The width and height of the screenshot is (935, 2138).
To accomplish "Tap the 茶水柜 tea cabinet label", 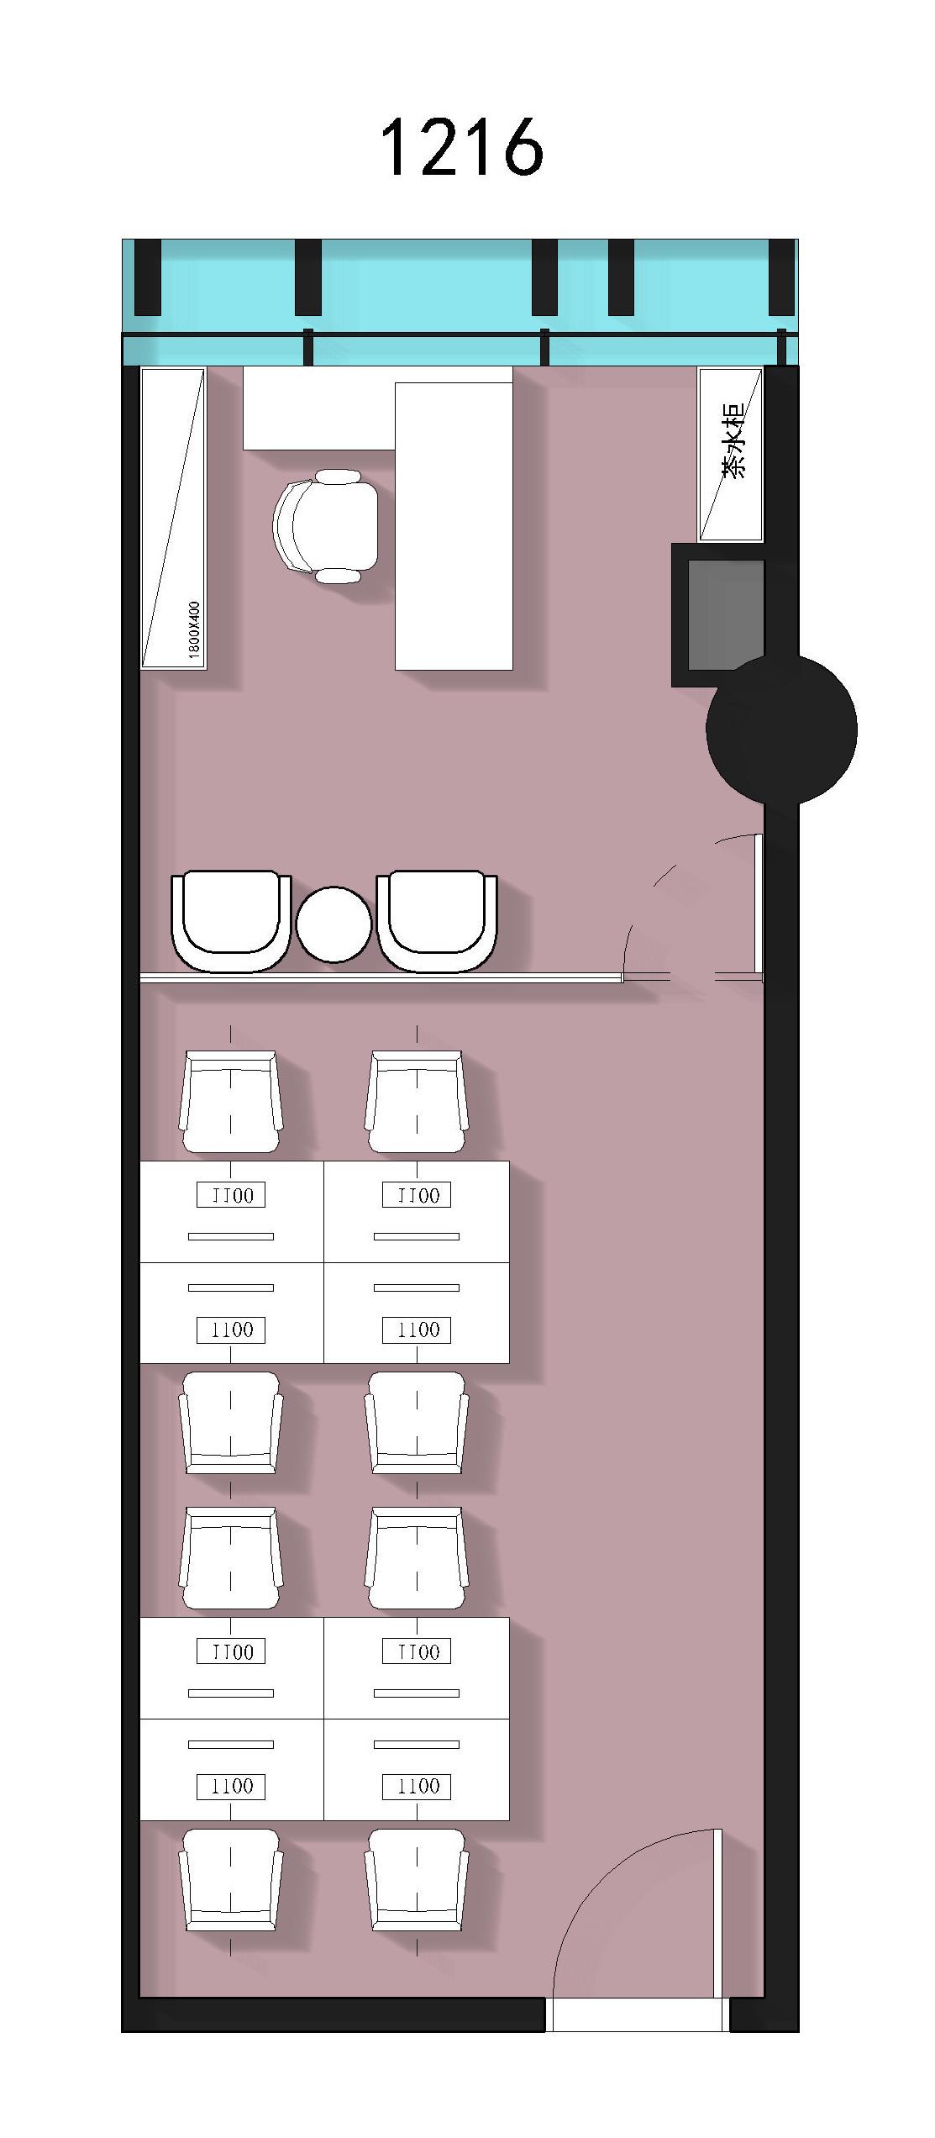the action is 733,441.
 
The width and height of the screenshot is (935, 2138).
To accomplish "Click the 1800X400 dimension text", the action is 195,630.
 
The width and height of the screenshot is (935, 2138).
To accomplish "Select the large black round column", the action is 781,729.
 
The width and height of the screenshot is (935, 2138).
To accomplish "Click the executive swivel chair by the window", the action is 326,526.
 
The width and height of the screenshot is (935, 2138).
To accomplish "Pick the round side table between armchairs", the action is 334,924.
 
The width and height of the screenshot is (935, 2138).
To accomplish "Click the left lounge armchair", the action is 231,921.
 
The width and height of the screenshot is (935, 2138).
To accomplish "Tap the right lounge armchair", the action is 437,921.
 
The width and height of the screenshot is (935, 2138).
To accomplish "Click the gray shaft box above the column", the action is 726,615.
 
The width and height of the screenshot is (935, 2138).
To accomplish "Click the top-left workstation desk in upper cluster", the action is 232,1212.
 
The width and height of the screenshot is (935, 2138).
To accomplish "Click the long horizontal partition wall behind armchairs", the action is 381,977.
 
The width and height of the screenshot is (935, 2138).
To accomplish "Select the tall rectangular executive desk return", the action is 454,526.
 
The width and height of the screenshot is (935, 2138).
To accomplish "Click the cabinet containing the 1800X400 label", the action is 173,519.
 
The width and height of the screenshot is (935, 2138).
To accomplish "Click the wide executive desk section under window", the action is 319,408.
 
